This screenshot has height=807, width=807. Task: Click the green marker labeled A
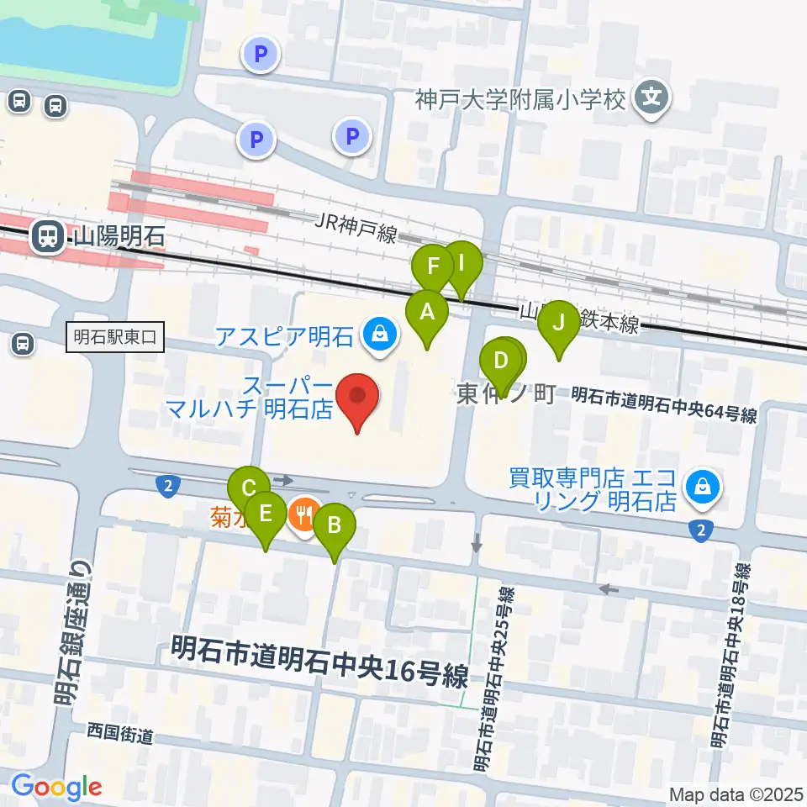(x=427, y=314)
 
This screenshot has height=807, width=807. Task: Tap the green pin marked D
(x=501, y=361)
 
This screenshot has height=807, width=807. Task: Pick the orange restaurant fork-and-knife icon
(x=302, y=514)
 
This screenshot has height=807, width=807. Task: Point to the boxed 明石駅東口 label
(x=115, y=339)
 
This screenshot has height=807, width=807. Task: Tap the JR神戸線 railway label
(x=356, y=227)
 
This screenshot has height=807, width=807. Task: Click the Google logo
(x=56, y=787)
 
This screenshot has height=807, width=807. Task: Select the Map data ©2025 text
(x=736, y=794)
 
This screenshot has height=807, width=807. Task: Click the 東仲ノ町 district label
(x=506, y=394)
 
